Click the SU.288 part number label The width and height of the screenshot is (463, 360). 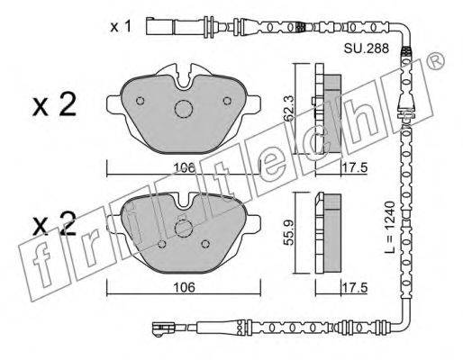click(367, 49)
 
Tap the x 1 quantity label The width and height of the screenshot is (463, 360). click(121, 27)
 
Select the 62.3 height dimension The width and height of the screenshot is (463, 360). click(289, 108)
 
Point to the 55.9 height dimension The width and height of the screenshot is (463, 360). click(289, 232)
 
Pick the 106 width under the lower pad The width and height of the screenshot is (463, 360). click(184, 287)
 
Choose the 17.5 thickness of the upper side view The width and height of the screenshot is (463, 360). click(355, 168)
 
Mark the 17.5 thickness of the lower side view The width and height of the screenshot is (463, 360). click(355, 288)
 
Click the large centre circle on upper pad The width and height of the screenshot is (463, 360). click(184, 109)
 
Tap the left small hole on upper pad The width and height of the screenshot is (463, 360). click(141, 101)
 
